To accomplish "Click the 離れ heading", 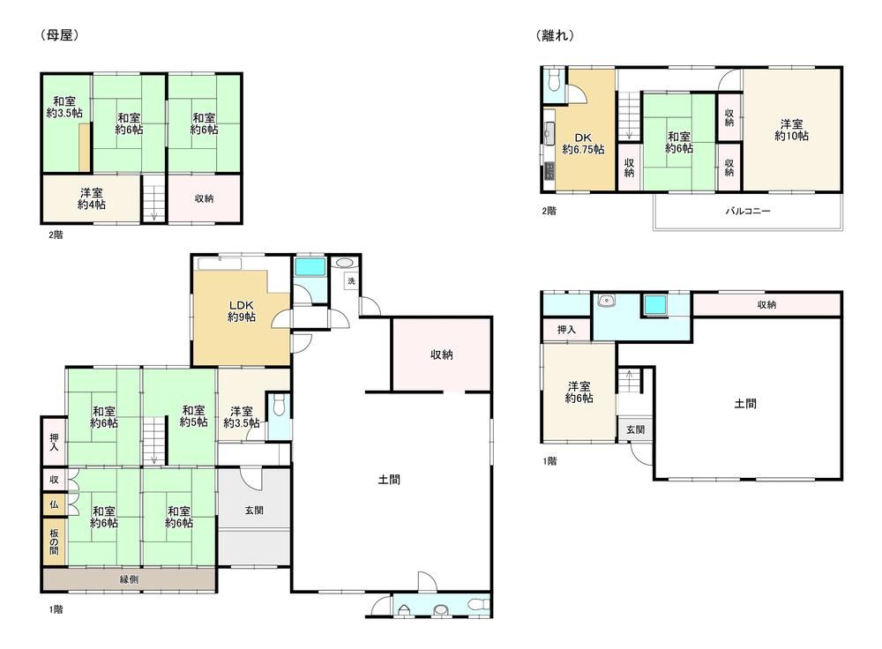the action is pos(555,35).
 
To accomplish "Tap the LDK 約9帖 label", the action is pos(242,311).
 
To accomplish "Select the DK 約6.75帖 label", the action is pos(583,144).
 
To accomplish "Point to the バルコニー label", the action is pos(748,212).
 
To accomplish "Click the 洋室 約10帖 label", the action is pos(791,130).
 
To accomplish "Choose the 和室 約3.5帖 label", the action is pos(64,107).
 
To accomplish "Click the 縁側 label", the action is pos(129,579).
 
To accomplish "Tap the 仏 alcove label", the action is pos(54,504).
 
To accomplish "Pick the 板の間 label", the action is pos(54,541).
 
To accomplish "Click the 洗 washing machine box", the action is pos(352,280).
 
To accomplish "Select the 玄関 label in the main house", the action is pos(254,511).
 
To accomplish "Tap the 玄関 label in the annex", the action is pos(636,429).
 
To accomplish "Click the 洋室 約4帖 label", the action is pos(91,199).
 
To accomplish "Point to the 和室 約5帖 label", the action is pos(193,416).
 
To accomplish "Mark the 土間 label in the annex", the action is pos(745,403).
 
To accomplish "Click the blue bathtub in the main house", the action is pos(310,266).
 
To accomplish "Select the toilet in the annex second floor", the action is pos(553,79).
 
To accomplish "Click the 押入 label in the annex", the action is pos(566,330).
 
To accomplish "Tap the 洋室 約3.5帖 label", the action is pos(242,417).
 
